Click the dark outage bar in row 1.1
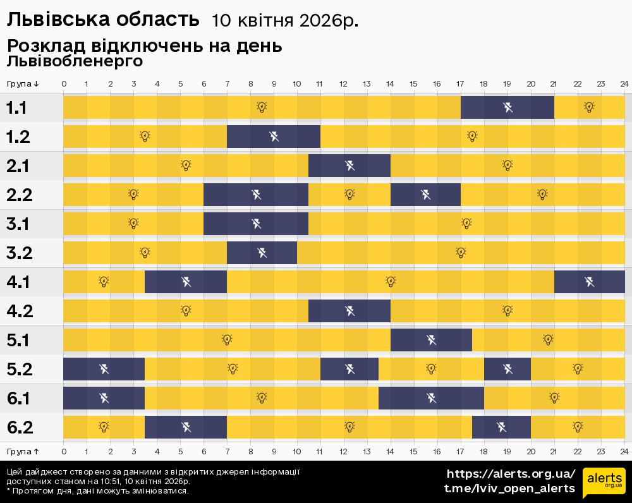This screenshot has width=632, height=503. coord(507,107)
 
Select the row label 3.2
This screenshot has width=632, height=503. coord(20,253)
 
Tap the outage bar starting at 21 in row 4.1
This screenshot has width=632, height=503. coord(589,282)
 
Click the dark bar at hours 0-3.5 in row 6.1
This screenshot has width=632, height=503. coord(104,398)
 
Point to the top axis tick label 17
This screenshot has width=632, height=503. coord(460,83)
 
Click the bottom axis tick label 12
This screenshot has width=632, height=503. coord(344,451)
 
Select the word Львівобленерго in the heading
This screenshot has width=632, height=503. coord(75,61)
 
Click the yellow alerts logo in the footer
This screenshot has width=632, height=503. coord(604,483)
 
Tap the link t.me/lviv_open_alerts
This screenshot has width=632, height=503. coord(509,488)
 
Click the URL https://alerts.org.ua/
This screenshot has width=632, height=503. coord(511,474)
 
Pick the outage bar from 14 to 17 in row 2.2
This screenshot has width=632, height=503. coord(425,195)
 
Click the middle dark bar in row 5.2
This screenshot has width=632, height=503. coord(349,369)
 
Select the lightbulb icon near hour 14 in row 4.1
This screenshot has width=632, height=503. coord(391,281)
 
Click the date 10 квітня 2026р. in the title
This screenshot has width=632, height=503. coord(285,21)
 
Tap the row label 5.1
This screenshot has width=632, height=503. coord(20,341)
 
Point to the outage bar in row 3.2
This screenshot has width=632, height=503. coord(262,253)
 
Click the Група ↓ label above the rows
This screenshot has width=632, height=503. coord(23,83)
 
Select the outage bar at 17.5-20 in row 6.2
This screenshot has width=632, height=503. coord(501,427)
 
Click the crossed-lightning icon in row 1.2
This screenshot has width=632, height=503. coord(274,136)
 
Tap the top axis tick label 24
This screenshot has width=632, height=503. coord(624,83)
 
